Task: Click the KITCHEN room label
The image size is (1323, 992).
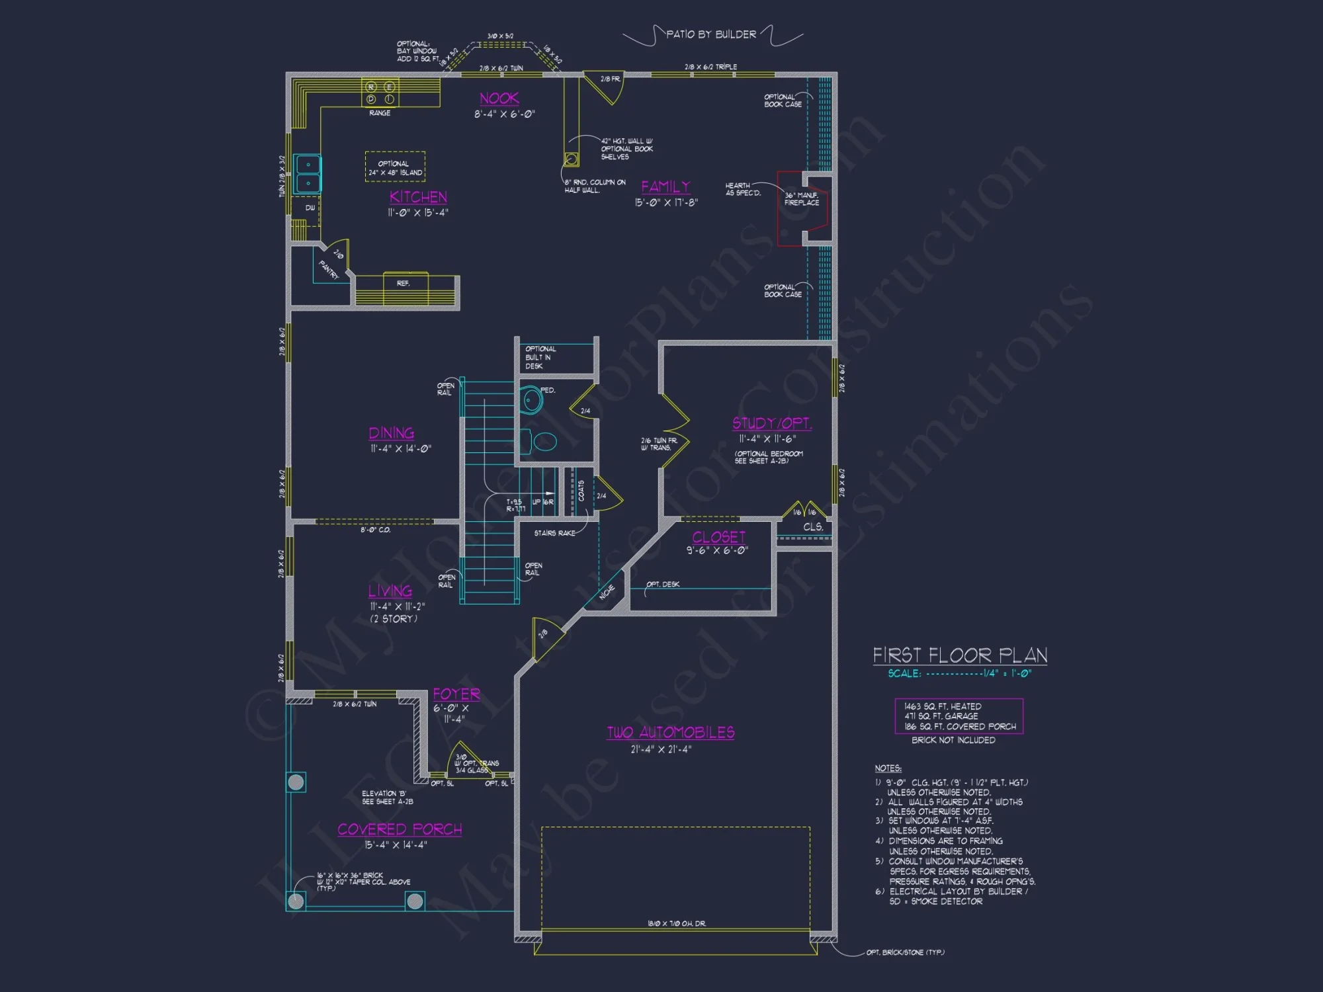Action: click(x=418, y=197)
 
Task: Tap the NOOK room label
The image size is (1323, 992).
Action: click(x=499, y=99)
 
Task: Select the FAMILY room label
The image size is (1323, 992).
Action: click(x=665, y=187)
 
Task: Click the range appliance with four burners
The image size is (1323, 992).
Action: click(x=380, y=93)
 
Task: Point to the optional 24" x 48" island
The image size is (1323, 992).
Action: click(x=395, y=167)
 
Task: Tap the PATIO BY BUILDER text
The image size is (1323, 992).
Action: click(x=711, y=34)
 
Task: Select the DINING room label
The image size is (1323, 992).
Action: click(x=392, y=433)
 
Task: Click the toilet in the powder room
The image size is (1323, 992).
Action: click(x=544, y=441)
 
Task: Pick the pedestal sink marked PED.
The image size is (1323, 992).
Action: click(x=531, y=399)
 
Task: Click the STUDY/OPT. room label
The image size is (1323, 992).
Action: click(x=771, y=423)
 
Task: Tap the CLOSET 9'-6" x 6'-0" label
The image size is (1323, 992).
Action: click(x=718, y=538)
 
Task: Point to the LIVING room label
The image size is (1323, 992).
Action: click(x=390, y=591)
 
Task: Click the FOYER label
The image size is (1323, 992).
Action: click(x=456, y=694)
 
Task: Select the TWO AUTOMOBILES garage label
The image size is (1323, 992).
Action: click(x=671, y=732)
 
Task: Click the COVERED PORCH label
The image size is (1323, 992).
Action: click(x=400, y=829)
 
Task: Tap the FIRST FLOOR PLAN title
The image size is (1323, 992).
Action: click(x=960, y=655)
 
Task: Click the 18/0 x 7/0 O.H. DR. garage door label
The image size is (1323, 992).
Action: click(x=676, y=923)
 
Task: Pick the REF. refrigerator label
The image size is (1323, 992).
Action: click(x=404, y=283)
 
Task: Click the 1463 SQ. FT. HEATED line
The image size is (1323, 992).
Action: click(x=943, y=706)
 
